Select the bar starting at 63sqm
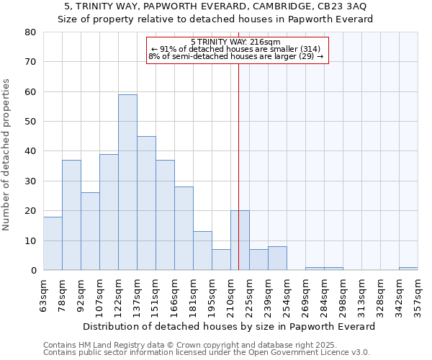tap(53, 243)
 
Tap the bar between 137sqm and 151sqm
tap(146, 203)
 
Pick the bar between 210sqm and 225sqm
tap(240, 240)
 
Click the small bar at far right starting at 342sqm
tap(408, 269)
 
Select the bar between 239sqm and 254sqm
tap(277, 258)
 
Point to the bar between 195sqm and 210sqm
tap(221, 260)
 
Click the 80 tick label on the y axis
tap(30, 32)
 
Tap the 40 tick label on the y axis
tap(30, 151)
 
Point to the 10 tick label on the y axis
tap(30, 240)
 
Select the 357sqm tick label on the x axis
tap(418, 293)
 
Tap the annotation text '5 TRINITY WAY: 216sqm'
tap(237, 42)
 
